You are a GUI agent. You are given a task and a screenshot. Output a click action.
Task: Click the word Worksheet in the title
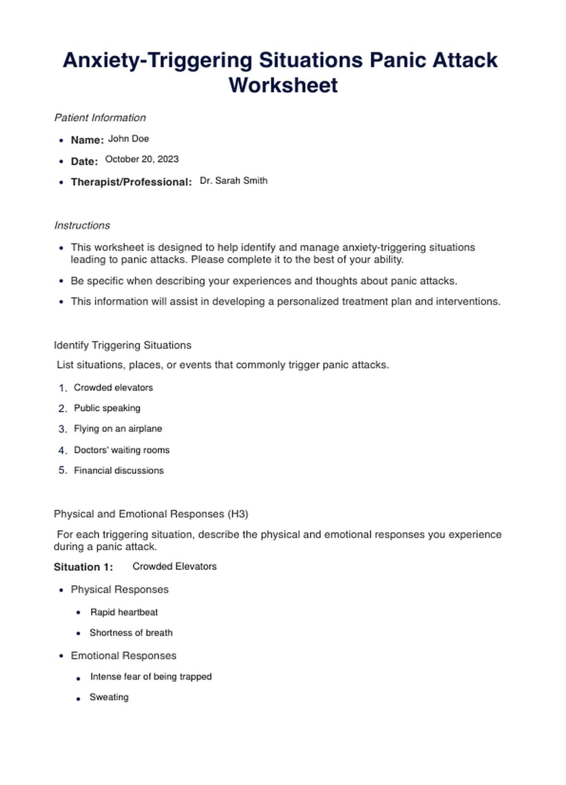[283, 85]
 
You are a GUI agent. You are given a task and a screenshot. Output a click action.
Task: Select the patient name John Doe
[129, 139]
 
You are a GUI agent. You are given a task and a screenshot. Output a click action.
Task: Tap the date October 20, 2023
[141, 159]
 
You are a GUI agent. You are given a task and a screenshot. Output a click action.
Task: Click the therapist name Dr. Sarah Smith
[233, 181]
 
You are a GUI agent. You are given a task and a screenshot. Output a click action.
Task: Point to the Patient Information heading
[100, 118]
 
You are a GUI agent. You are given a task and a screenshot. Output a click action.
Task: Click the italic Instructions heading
[82, 225]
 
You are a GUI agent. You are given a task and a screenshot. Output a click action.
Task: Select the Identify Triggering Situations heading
[122, 345]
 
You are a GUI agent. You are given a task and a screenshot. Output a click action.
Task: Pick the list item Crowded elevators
[113, 388]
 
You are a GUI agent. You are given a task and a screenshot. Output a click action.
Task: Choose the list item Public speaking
[107, 408]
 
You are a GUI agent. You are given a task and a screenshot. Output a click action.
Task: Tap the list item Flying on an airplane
[118, 429]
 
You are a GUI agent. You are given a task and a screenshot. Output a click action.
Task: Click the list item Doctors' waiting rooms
[122, 450]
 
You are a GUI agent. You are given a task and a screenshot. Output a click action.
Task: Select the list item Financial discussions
[119, 471]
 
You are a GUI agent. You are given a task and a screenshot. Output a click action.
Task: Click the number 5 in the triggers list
[62, 471]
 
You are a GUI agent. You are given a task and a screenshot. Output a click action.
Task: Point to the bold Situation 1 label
[83, 567]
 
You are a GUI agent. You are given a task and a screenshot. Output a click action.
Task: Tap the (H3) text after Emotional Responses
[238, 514]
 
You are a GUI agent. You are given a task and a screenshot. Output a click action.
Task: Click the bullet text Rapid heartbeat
[124, 612]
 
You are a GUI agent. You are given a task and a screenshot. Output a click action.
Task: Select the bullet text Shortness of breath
[131, 633]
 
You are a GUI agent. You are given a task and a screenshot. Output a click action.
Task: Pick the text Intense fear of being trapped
[151, 677]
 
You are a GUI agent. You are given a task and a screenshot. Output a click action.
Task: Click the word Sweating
[109, 697]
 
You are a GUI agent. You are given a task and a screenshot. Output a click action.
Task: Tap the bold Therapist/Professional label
[131, 182]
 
